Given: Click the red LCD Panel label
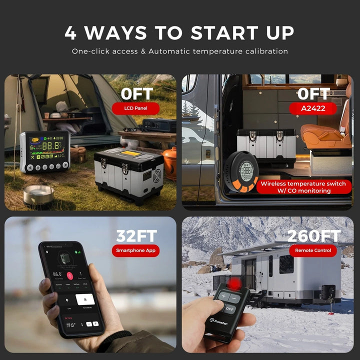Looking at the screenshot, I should pos(135,107).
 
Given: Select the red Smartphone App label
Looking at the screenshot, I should pos(135,250).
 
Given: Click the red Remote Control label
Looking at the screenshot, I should pos(313,250).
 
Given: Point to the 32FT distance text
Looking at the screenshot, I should pos(136,235).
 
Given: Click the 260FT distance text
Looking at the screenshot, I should pos(314,235).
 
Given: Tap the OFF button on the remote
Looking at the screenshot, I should pos(229,308).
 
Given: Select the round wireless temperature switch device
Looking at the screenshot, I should pos(244,175).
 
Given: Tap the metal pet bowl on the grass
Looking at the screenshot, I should pos(38,193).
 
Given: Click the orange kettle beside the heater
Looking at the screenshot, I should pos(170,163).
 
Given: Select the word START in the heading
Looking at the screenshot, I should pos(218,33).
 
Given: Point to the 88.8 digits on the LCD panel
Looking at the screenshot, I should pos(51,146).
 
